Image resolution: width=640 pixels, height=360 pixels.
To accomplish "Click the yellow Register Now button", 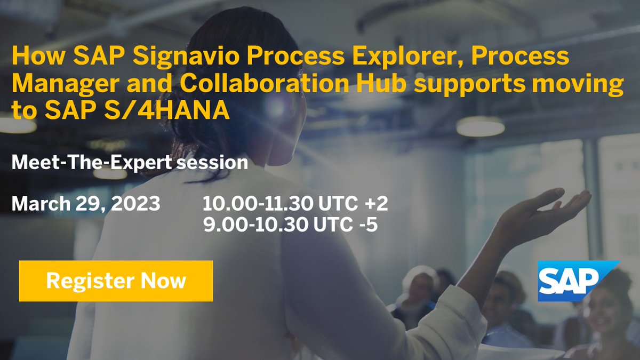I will (x=116, y=281).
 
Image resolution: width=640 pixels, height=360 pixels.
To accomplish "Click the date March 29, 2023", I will (x=85, y=203).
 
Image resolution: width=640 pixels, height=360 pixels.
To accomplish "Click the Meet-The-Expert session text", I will (x=130, y=162).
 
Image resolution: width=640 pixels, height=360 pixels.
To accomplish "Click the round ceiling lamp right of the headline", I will (x=480, y=126).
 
